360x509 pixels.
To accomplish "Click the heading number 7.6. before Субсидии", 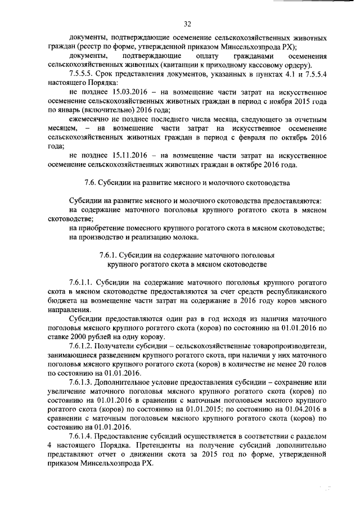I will click(90, 183).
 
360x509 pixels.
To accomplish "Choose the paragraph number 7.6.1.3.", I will click(81, 382).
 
